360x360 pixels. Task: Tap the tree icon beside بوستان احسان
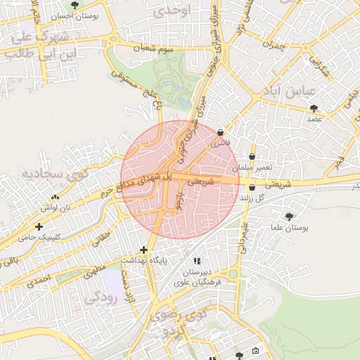click(x=75, y=5)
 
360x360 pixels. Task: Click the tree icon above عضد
click(x=314, y=108)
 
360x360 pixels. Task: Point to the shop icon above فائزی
click(x=221, y=132)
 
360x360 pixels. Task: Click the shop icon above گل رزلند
click(x=252, y=187)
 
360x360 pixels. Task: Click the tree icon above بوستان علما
click(x=289, y=216)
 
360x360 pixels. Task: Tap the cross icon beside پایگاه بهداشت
click(x=143, y=250)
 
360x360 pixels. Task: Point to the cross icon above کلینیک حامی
click(x=39, y=226)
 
